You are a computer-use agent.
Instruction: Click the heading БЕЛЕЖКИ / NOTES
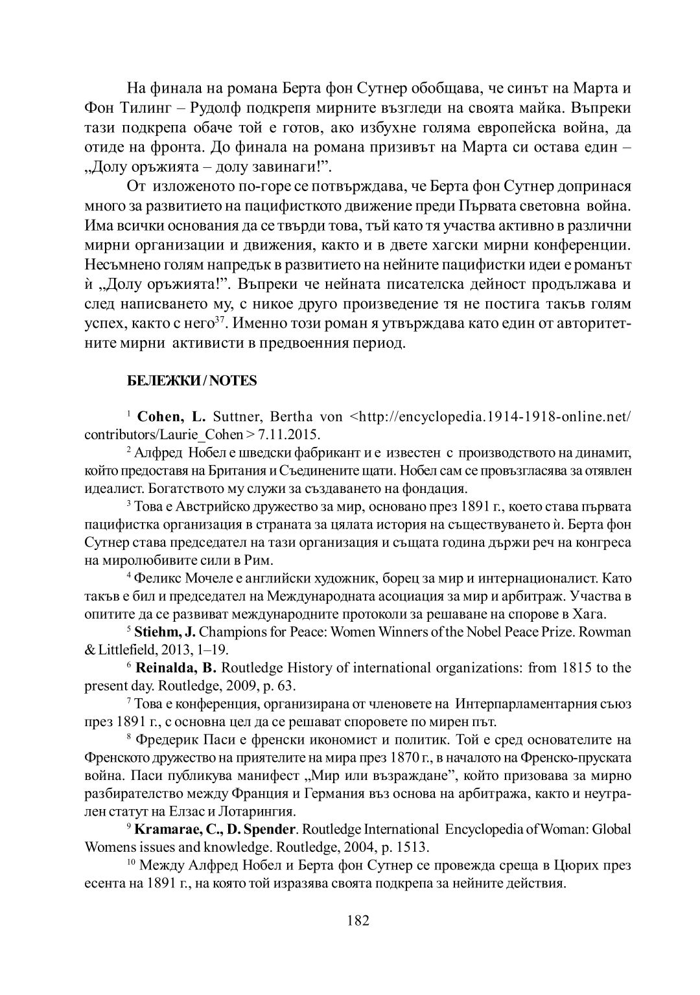click(191, 381)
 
